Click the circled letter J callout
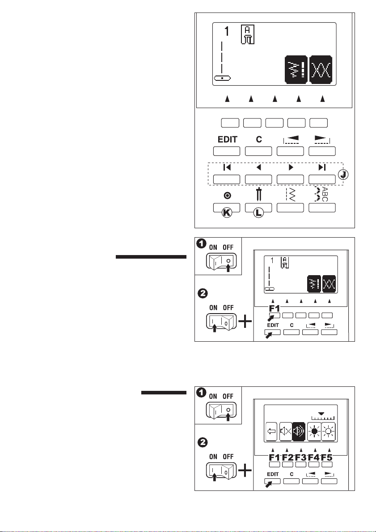(343, 175)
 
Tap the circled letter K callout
(227, 213)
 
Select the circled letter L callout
(258, 213)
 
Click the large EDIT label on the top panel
(227, 139)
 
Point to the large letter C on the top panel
(259, 139)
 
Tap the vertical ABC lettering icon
(325, 194)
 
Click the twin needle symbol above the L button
(258, 194)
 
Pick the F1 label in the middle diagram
(275, 309)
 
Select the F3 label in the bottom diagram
(301, 458)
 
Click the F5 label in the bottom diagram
(327, 458)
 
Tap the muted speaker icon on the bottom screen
(286, 431)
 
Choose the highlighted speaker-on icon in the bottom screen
(299, 431)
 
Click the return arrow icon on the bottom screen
(272, 431)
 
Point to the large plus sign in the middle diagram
(245, 321)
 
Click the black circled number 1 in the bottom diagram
(202, 393)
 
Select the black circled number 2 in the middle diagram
(203, 293)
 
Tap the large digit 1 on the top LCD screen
(227, 32)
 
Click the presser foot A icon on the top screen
(249, 34)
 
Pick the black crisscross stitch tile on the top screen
(321, 70)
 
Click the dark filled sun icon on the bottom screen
(314, 431)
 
